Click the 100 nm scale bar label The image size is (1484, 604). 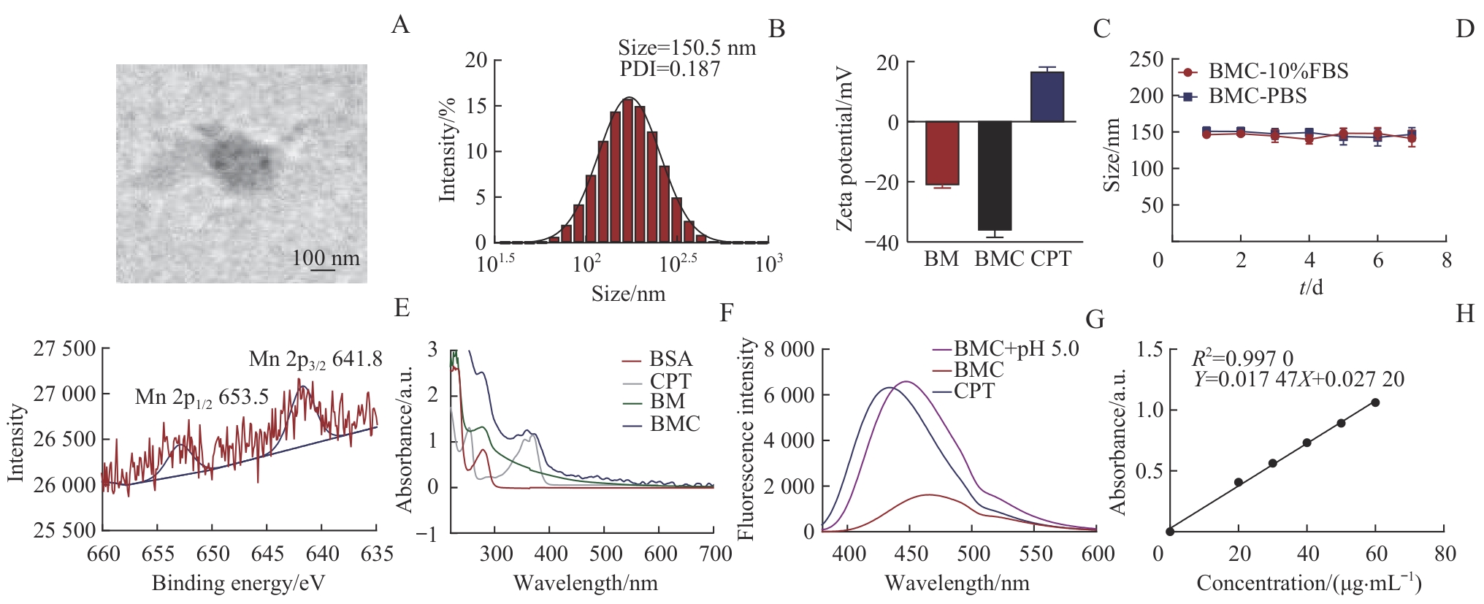tap(326, 258)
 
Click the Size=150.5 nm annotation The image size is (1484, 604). tap(686, 48)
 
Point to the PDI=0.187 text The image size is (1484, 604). tap(670, 69)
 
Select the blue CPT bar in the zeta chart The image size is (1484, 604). tap(1047, 96)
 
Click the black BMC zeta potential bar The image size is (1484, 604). tap(994, 175)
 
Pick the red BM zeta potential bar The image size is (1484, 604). tap(942, 153)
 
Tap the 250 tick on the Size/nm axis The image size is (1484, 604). tap(1146, 59)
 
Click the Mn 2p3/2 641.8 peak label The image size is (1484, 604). tap(315, 359)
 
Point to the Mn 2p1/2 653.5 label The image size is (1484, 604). tap(202, 397)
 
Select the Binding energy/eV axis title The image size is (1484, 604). tap(238, 583)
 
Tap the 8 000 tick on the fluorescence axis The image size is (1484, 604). tap(788, 349)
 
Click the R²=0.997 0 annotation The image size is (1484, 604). tap(1242, 359)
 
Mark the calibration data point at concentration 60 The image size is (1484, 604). tap(1375, 402)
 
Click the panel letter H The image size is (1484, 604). tap(1464, 313)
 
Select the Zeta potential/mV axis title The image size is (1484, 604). tap(845, 150)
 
